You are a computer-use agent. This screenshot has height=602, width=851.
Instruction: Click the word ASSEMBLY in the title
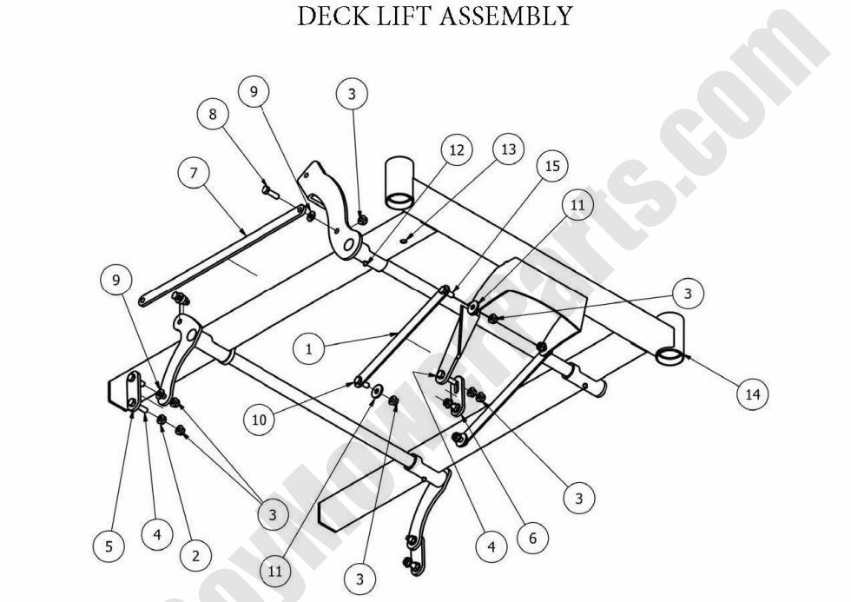point(506,16)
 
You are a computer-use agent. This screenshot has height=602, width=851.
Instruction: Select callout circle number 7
point(195,173)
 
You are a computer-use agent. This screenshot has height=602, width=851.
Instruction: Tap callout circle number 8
point(213,114)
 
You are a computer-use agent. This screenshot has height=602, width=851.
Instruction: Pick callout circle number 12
point(457,150)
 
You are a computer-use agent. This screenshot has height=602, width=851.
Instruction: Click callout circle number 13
point(508,149)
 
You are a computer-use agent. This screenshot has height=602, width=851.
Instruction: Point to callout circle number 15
point(552,165)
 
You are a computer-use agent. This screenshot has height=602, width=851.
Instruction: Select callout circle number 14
point(752,394)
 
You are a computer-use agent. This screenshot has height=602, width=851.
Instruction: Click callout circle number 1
point(308,349)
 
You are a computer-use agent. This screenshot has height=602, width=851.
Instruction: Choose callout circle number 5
point(109,546)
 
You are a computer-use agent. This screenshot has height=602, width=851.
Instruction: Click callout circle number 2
point(195,555)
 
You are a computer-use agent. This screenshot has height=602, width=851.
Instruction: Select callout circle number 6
point(532,538)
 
